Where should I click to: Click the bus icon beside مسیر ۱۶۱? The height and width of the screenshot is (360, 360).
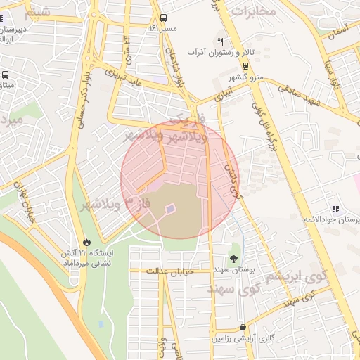(163, 18)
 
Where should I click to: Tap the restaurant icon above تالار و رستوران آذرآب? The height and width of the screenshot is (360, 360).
(221, 41)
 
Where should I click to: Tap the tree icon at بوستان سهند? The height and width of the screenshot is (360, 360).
(233, 259)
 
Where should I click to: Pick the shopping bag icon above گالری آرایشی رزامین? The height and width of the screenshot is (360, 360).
(243, 328)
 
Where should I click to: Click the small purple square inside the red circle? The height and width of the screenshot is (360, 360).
(169, 208)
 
